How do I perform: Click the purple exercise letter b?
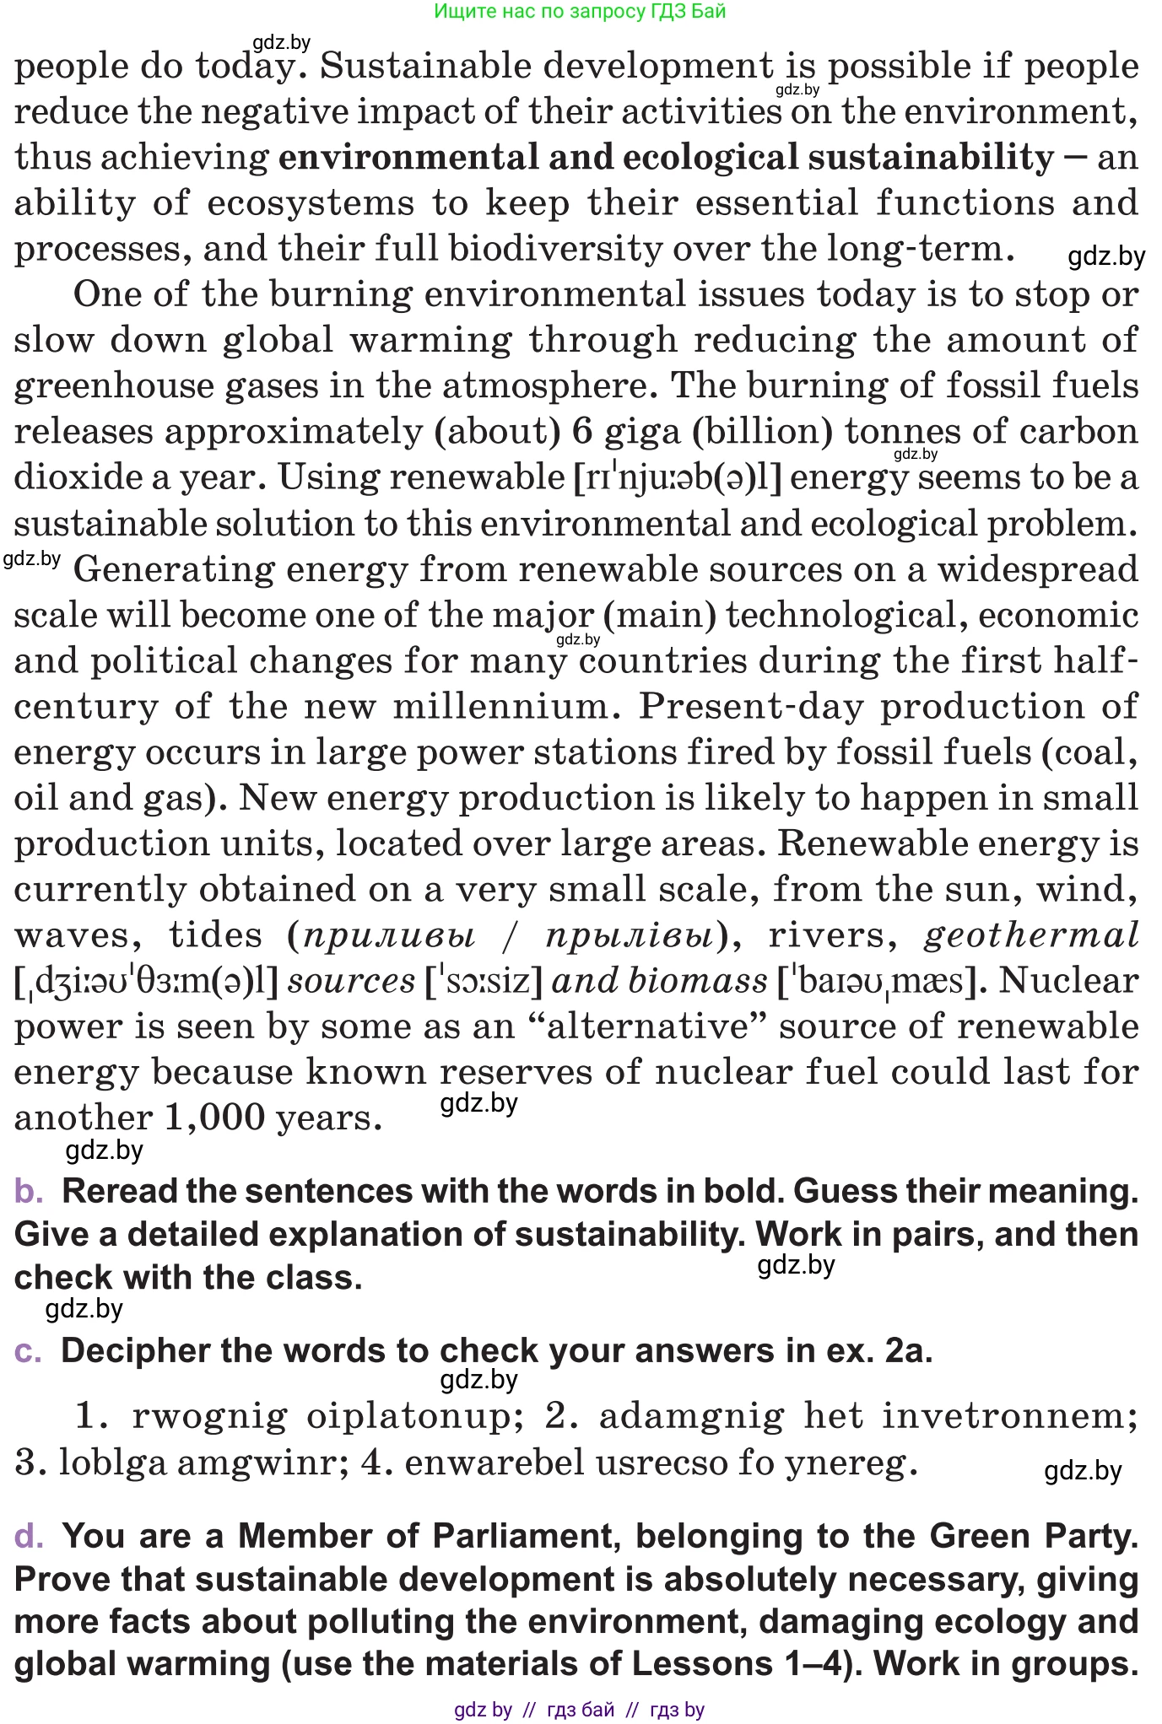[29, 1192]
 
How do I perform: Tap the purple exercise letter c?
[28, 1351]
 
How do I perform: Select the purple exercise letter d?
[29, 1537]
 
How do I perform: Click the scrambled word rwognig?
[209, 1417]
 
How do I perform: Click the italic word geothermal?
[1031, 935]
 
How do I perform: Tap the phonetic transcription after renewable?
[677, 478]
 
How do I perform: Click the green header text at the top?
[580, 11]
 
